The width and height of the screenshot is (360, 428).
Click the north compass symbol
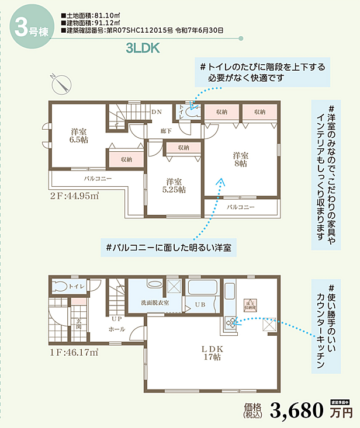coord(60,84)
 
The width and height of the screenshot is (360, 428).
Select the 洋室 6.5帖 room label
coord(78,137)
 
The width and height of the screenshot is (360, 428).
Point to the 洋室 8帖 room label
coord(240,159)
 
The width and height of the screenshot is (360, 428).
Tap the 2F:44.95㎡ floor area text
coord(74,196)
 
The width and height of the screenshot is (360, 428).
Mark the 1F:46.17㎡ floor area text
coord(73,352)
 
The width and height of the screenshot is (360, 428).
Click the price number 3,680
coord(297,411)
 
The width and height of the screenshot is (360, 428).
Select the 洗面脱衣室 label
coord(155,303)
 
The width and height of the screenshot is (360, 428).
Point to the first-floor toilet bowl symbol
coord(58,286)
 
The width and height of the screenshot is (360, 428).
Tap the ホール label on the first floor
coord(116,329)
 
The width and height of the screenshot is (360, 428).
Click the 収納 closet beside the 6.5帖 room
coord(126,159)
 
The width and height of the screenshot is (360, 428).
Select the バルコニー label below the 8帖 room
coord(240,207)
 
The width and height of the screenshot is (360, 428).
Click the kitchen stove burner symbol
coord(231,322)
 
